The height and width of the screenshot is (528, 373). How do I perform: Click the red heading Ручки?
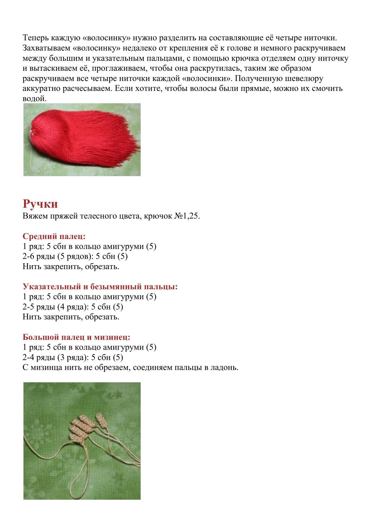(x=40, y=204)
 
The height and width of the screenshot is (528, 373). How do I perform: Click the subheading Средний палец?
(x=54, y=236)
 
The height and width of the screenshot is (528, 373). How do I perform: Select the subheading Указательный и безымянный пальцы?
(x=100, y=286)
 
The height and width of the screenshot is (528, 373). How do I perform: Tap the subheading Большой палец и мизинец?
(x=76, y=337)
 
